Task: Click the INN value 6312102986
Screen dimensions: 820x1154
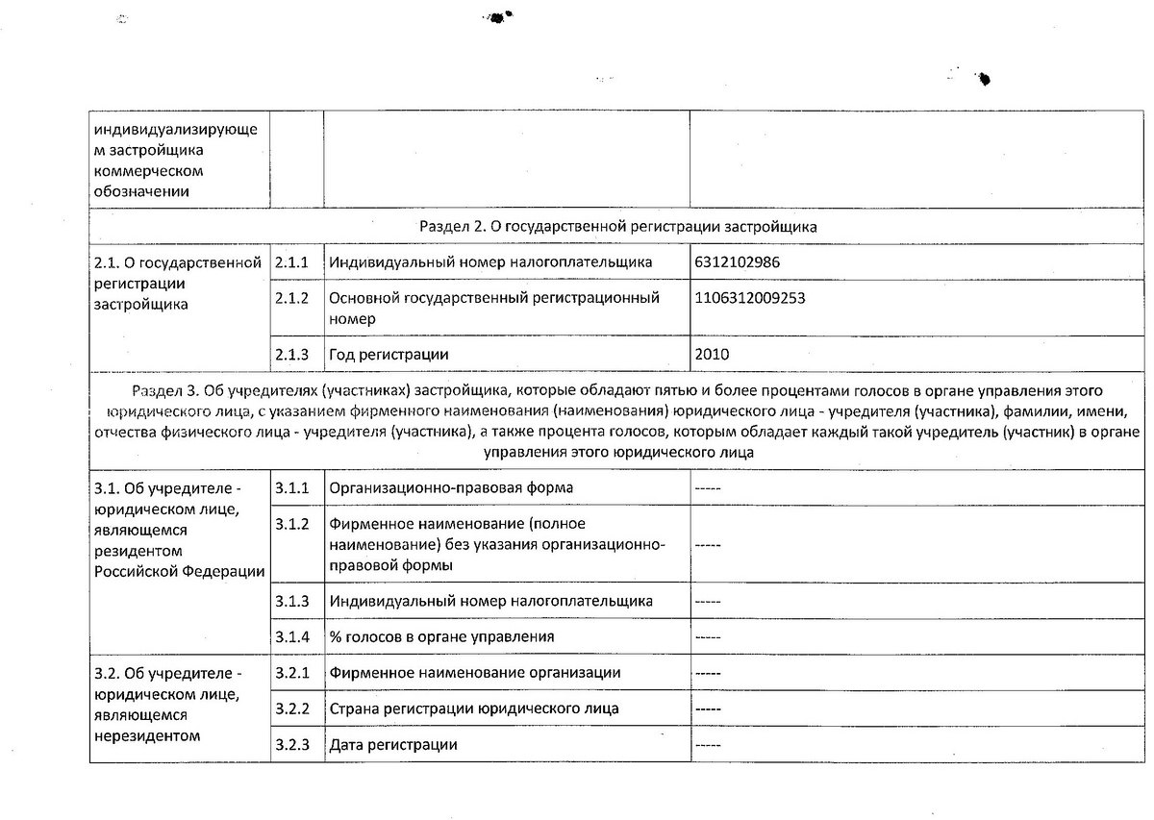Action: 736,262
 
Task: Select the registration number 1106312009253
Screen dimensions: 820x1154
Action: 749,298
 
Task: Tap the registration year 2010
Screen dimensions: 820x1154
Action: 712,355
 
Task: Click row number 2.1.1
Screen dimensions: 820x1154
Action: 291,262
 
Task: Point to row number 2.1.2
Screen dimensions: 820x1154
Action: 291,298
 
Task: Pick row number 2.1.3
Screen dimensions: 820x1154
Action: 291,355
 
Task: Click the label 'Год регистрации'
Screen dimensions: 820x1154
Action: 389,355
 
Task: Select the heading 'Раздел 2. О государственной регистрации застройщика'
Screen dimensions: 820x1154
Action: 618,227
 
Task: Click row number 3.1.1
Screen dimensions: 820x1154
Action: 291,487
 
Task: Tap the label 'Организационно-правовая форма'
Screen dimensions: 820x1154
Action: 451,487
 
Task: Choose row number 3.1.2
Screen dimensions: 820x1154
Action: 291,524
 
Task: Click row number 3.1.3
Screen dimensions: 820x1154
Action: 291,601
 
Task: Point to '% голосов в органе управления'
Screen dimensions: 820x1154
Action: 440,636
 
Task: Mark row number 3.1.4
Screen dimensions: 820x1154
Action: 291,636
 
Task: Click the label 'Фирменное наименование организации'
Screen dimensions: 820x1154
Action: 474,673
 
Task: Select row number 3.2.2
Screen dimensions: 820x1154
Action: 291,708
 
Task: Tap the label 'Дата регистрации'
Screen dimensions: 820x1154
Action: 392,745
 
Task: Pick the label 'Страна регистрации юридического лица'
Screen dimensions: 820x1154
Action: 473,708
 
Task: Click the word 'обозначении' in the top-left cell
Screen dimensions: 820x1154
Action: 140,190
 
